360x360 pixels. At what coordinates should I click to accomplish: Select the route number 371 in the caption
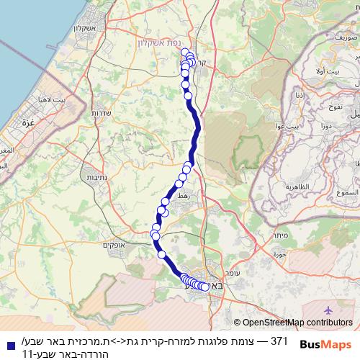279,338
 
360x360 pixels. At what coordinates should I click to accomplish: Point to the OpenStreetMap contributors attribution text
294,323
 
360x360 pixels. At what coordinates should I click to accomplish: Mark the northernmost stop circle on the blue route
185,52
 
